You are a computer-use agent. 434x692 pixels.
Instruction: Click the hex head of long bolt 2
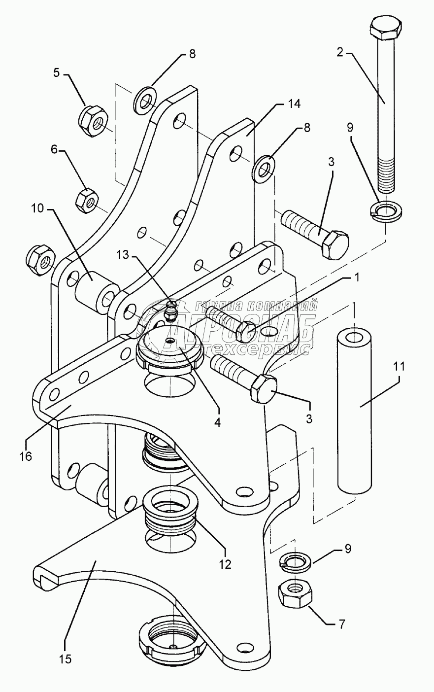[x=386, y=31]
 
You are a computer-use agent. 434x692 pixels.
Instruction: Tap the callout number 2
[x=339, y=52]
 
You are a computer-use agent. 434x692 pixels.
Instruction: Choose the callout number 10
[x=37, y=209]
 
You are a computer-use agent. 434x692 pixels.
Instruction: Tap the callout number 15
[x=65, y=658]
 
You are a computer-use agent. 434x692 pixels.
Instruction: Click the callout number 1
[x=357, y=277]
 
